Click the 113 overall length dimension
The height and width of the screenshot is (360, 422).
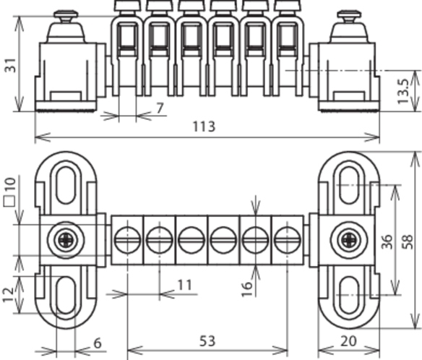(204, 127)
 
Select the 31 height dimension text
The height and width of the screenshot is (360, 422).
(11, 65)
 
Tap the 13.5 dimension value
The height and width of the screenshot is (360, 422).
(403, 91)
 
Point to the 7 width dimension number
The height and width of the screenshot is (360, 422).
(160, 108)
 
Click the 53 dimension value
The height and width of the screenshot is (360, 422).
(207, 341)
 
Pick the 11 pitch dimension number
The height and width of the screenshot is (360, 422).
(185, 285)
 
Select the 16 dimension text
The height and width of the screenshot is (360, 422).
(247, 289)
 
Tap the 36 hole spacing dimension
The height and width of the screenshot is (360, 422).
(387, 241)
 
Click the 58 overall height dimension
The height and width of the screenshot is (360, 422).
(408, 241)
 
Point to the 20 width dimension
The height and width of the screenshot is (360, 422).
(348, 341)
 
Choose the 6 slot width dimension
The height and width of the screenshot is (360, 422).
(98, 343)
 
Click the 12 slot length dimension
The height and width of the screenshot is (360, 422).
(9, 294)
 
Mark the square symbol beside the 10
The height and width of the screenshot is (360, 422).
(9, 202)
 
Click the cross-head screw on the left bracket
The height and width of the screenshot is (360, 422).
(66, 240)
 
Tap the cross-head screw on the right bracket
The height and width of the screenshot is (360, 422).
(349, 240)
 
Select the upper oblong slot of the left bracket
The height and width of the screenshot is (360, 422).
(66, 185)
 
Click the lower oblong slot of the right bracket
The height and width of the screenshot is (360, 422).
(349, 295)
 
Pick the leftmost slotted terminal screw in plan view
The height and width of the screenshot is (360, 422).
(127, 240)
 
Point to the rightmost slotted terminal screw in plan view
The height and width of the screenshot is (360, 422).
(287, 240)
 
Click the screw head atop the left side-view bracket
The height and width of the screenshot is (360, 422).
(66, 16)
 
